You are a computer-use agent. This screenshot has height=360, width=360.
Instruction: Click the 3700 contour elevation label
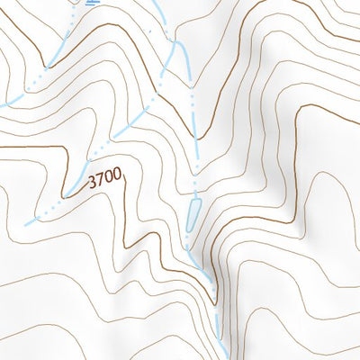coord(105,180)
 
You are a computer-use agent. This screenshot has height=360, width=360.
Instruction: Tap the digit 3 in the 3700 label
coord(93,184)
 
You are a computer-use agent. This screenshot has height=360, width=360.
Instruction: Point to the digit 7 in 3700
coord(101,181)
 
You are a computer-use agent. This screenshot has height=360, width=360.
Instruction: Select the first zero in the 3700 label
coord(109,179)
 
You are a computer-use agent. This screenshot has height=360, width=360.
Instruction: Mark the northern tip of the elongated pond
coord(193,202)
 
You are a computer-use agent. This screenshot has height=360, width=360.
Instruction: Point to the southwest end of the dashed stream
coord(27,222)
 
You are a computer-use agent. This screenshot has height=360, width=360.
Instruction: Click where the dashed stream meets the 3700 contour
coord(66,196)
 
